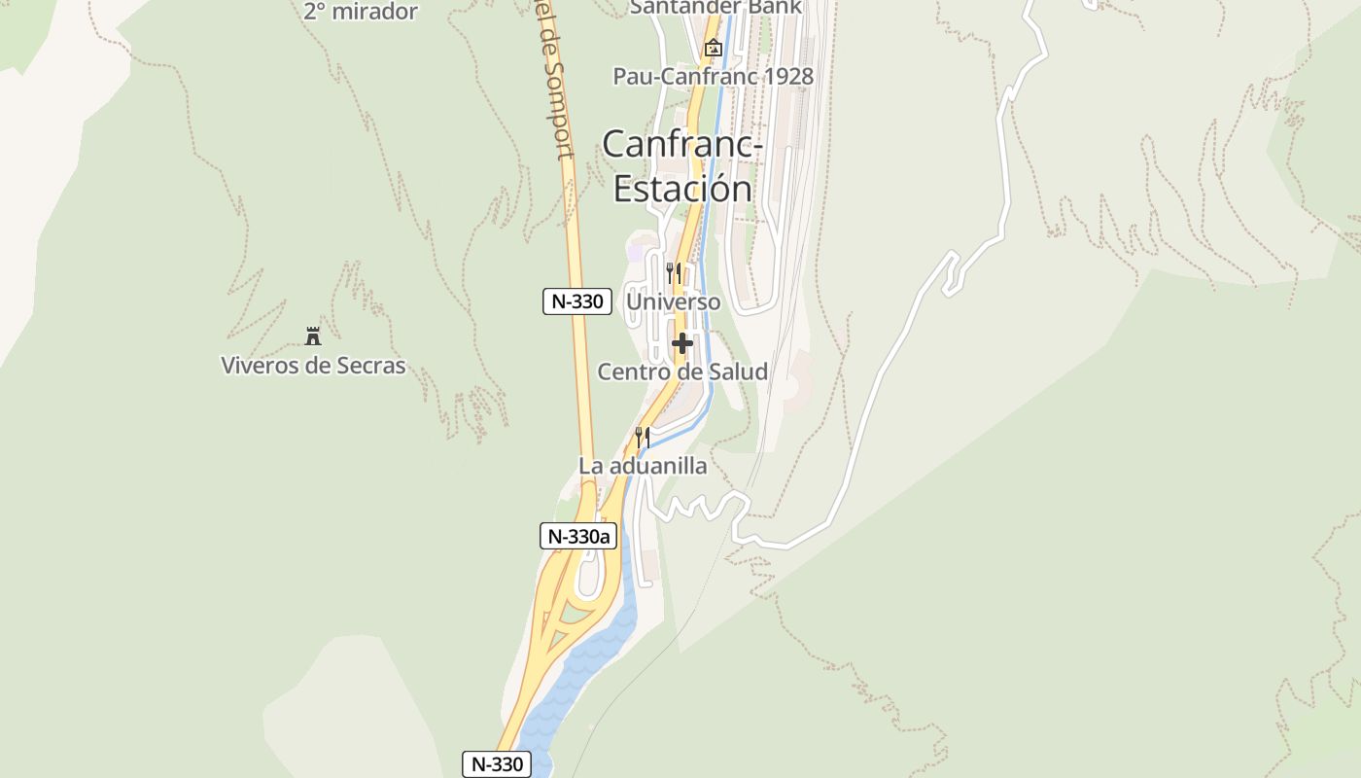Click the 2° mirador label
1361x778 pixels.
click(361, 12)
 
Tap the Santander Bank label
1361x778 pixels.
click(715, 7)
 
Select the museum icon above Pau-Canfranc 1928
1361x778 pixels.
click(714, 47)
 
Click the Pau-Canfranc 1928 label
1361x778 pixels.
click(713, 76)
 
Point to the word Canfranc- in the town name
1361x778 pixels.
click(682, 145)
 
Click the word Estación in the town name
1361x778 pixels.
click(682, 188)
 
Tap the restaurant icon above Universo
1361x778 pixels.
click(673, 272)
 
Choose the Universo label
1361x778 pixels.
click(674, 301)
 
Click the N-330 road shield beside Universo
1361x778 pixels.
click(577, 301)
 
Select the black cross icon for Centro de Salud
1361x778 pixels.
click(682, 342)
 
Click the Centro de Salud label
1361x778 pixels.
click(682, 371)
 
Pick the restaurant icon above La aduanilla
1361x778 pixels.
click(642, 437)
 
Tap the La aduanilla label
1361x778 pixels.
click(643, 466)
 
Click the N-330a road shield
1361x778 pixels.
click(578, 536)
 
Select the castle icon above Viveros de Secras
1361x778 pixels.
click(313, 336)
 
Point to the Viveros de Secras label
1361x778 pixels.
click(313, 366)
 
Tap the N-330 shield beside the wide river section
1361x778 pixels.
click(497, 764)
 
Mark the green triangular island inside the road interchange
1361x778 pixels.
click(575, 617)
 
